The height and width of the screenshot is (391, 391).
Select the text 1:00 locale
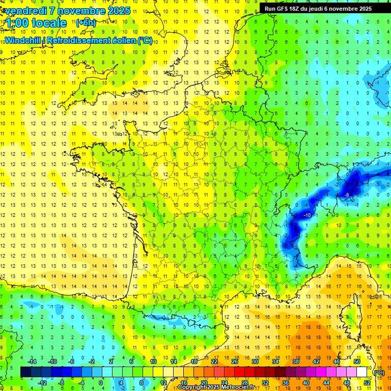36,23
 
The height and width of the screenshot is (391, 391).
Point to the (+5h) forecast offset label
85,23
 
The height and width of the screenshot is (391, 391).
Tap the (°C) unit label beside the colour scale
379,372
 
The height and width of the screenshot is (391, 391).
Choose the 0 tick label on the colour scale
100,383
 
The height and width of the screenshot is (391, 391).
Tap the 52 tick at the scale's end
367,383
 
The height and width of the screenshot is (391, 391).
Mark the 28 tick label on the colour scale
244,383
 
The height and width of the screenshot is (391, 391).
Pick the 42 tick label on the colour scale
316,361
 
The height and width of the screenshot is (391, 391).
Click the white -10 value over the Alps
307,215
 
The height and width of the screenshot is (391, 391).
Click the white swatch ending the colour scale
361,372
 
